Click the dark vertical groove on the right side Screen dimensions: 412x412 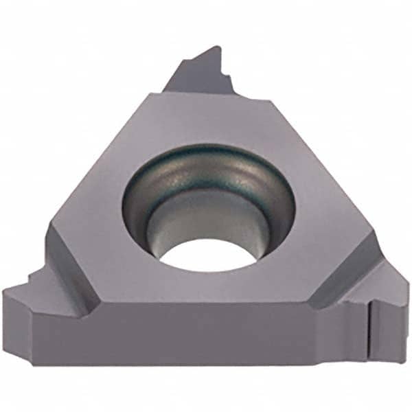pyautogui.click(x=369, y=330)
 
